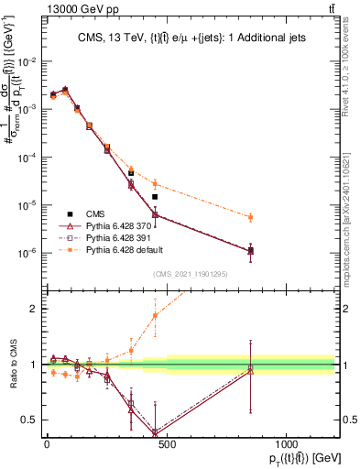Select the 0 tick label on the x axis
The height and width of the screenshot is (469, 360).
pos(47,442)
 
